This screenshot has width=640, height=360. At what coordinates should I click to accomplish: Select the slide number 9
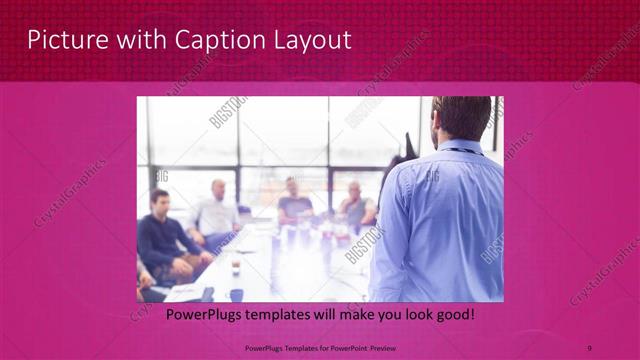589,348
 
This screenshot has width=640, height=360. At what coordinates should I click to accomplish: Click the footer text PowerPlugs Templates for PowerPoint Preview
320,348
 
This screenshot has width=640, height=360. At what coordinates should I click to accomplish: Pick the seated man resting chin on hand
355,205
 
